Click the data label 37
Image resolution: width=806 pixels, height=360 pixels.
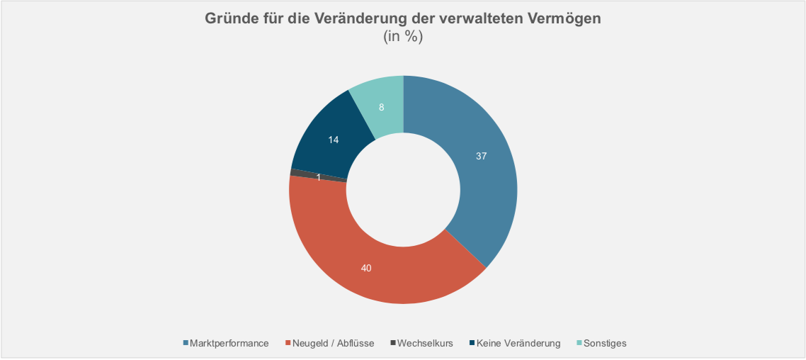481,156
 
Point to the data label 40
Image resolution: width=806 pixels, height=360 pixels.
365,268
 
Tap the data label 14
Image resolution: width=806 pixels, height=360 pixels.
334,140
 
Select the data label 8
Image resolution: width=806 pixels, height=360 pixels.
382,108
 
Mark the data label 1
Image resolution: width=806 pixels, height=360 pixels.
319,177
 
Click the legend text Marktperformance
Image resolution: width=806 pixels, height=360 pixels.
229,343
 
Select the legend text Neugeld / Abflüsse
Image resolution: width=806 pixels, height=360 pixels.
334,343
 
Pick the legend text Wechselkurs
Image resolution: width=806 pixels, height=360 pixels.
425,343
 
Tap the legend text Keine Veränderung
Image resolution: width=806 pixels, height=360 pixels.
518,343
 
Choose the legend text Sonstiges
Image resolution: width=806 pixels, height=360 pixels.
605,343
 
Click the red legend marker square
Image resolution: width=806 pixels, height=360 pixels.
288,343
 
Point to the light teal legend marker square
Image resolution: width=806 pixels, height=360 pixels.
579,343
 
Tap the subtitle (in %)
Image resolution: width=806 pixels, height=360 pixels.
403,37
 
